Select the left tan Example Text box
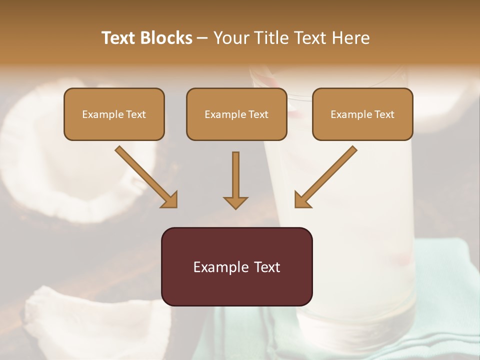click(x=114, y=114)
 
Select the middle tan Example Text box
click(x=236, y=114)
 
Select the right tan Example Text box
click(x=362, y=114)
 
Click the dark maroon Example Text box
click(x=236, y=266)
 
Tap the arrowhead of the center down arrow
click(x=235, y=202)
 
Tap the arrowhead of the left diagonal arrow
click(x=170, y=200)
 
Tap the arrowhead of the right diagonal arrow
click(x=301, y=200)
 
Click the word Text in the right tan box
click(x=384, y=114)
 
